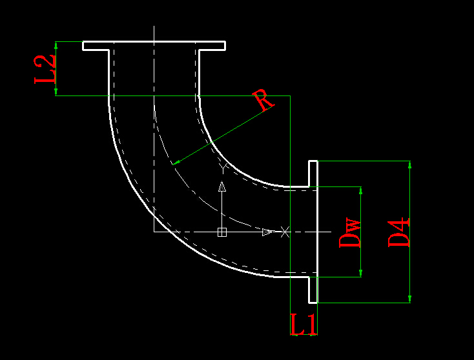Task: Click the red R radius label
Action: tap(263, 99)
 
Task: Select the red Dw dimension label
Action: tap(349, 233)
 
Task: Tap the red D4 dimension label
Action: tap(398, 232)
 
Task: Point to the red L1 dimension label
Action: tap(304, 325)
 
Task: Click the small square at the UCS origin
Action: tap(222, 232)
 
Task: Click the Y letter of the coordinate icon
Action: tap(223, 168)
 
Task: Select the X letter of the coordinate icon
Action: tap(285, 231)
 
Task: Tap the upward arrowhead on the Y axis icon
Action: tap(222, 186)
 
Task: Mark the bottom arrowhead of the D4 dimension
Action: tap(409, 298)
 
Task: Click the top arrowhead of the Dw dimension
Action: tap(360, 191)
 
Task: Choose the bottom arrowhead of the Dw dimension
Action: tap(360, 273)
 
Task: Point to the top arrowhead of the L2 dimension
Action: tap(57, 45)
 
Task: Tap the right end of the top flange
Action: tap(224, 46)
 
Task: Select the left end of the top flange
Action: tap(84, 46)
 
